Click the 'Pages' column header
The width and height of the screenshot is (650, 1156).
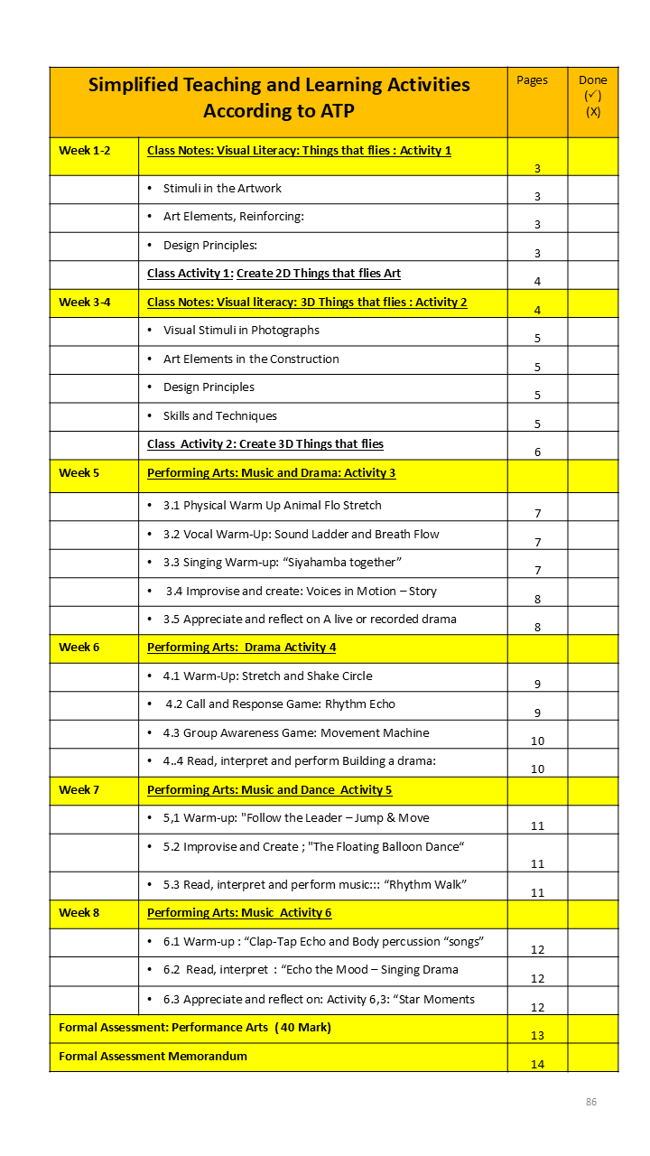(x=532, y=80)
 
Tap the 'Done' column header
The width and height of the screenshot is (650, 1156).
(x=592, y=80)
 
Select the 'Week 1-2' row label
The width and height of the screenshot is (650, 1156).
(x=84, y=151)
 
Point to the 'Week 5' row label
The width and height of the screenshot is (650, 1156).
(x=79, y=473)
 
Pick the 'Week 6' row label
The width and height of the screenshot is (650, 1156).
(x=79, y=648)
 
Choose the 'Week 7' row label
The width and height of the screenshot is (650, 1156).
(x=79, y=790)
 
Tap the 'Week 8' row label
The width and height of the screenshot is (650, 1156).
(x=79, y=913)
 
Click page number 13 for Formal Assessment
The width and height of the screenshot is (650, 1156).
(x=537, y=1036)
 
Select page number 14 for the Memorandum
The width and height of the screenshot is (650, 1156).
(x=537, y=1065)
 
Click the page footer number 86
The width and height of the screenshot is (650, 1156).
(x=591, y=1102)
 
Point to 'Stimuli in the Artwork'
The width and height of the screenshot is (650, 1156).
(x=222, y=189)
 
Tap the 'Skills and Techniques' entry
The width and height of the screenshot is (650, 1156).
(x=219, y=416)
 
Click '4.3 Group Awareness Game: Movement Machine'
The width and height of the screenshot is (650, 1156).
(x=295, y=733)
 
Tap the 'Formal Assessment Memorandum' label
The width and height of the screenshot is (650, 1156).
(x=153, y=1056)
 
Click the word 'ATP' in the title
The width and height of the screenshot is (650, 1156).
(x=333, y=111)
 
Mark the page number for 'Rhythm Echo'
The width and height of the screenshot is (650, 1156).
(x=537, y=713)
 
